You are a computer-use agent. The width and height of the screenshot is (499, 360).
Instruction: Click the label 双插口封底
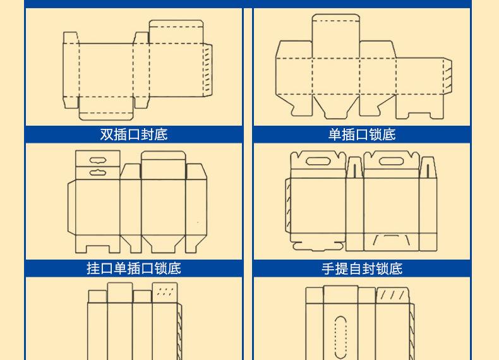(134, 135)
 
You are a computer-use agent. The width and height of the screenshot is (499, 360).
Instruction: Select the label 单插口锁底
(362, 135)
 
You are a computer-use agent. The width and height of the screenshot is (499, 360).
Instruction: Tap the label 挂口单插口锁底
(134, 268)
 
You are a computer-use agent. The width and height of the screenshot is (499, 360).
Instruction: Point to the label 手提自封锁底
(362, 268)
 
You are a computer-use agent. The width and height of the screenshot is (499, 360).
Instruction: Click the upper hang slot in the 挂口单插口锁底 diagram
(97, 160)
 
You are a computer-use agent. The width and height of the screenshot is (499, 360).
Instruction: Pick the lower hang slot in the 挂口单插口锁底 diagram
(97, 172)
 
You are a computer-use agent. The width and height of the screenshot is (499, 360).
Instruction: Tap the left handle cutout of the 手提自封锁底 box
(317, 162)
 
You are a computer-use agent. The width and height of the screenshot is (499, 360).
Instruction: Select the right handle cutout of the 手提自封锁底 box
(392, 162)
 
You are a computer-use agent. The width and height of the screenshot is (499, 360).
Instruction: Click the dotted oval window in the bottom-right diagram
(340, 335)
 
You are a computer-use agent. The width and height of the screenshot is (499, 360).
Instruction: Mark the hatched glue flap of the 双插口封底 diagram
(207, 69)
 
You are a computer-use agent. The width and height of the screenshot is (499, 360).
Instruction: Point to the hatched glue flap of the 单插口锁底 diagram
(447, 74)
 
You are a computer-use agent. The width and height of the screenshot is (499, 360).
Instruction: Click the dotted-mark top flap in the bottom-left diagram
(164, 292)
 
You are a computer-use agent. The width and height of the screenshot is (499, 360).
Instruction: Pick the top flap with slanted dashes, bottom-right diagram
(392, 295)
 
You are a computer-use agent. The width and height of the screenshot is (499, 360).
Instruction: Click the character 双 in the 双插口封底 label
(107, 135)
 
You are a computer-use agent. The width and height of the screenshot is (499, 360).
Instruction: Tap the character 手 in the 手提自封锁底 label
(328, 268)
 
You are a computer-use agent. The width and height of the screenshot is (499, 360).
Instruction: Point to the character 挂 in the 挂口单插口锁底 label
(93, 268)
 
